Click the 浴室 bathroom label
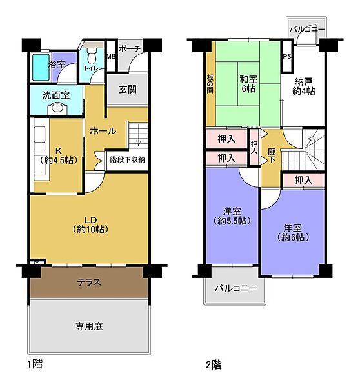point(57,64)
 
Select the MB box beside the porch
point(110,56)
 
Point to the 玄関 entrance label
point(127,90)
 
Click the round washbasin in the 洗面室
point(58,108)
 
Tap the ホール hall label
point(103,131)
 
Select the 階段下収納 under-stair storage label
point(126,159)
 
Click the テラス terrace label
point(89,282)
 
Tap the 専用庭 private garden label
point(89,326)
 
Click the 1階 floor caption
point(34,364)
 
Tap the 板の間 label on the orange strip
point(210,82)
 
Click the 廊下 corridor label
point(272,158)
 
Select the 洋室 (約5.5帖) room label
point(232,216)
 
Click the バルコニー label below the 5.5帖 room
point(236,287)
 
